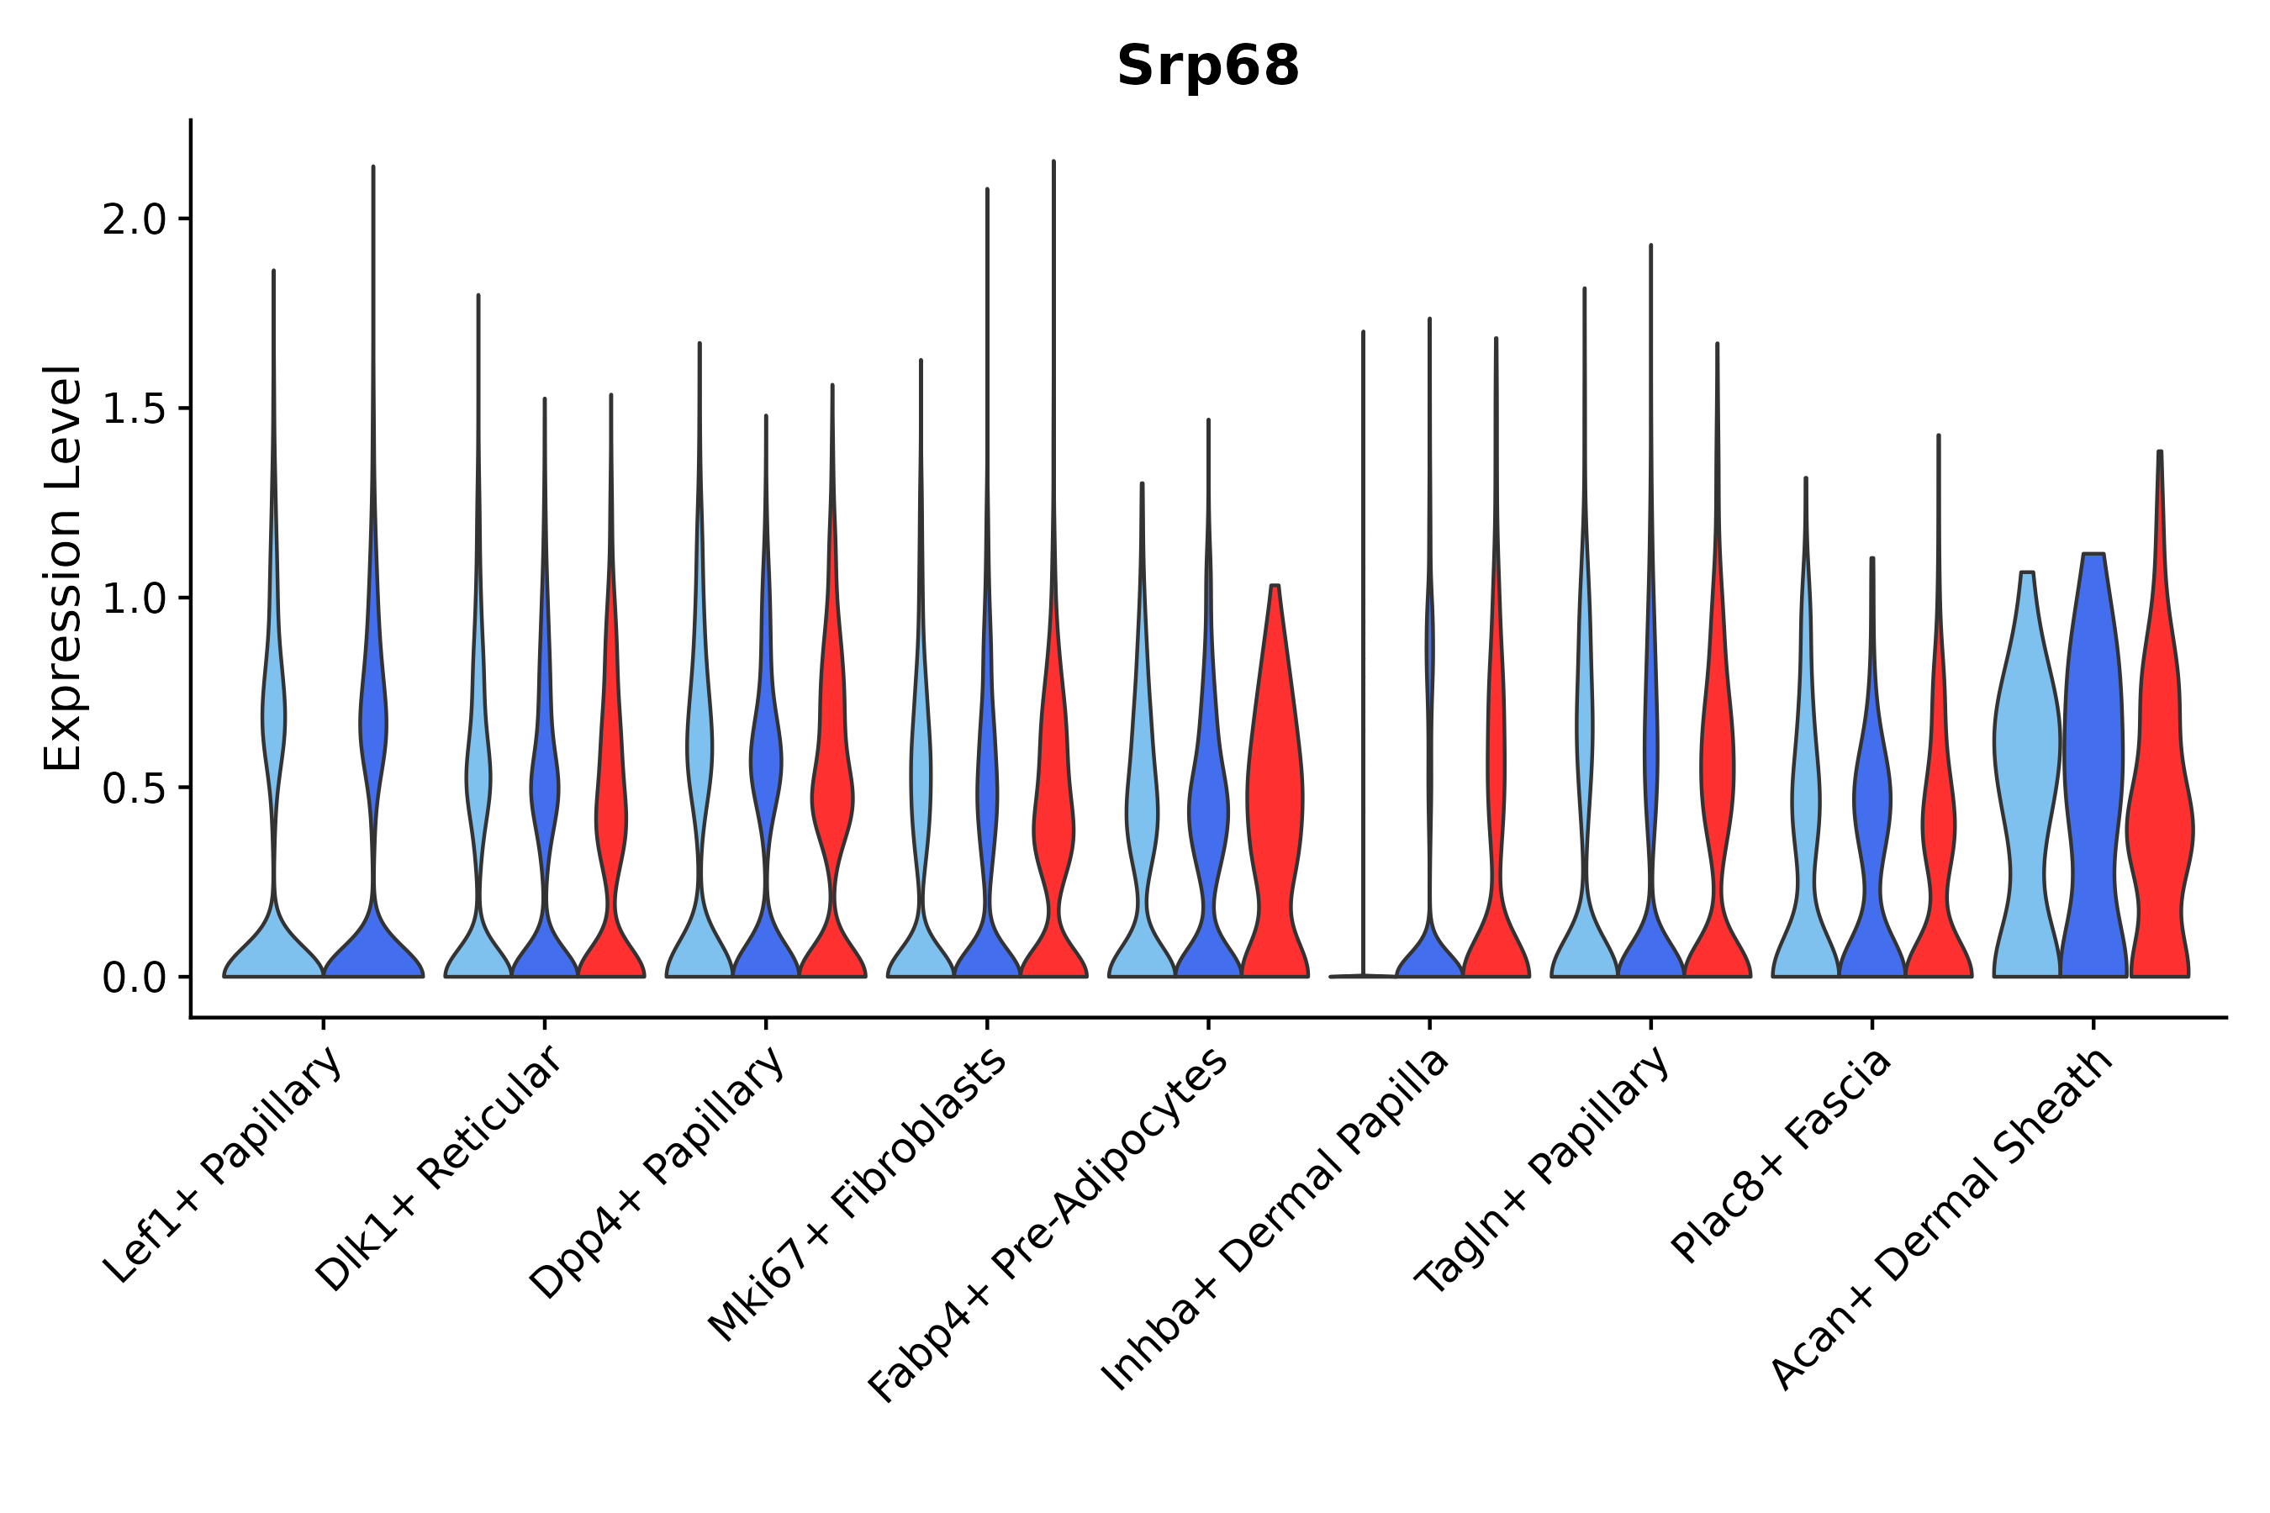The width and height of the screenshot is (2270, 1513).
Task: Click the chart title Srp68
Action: tap(1207, 66)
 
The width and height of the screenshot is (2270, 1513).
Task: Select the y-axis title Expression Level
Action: tap(63, 567)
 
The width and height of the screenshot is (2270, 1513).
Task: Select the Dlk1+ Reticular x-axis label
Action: tap(439, 1168)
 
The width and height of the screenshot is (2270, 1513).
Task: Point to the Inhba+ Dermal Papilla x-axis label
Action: tap(1276, 1220)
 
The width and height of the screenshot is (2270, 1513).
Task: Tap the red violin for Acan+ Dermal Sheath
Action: tap(2159, 820)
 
